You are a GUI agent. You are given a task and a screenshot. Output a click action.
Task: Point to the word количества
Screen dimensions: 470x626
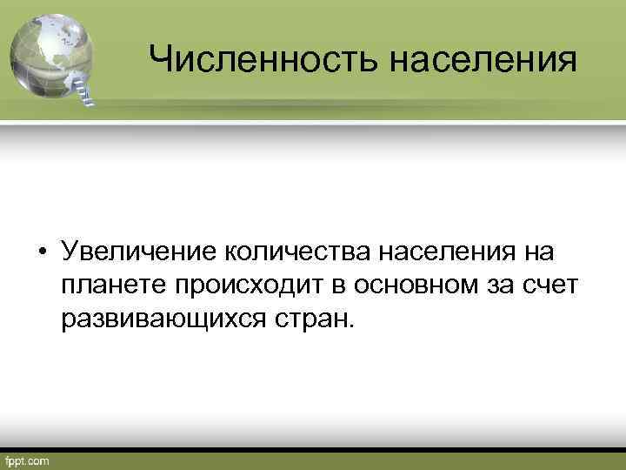pyautogui.click(x=301, y=252)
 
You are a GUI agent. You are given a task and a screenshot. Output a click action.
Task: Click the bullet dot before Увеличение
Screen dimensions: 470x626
pyautogui.click(x=41, y=253)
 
